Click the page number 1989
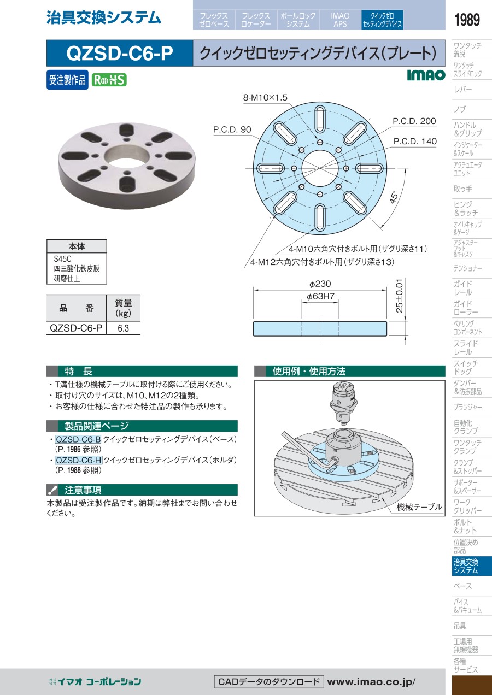[x=467, y=20]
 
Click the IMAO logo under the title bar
[x=426, y=75]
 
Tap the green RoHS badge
[x=109, y=80]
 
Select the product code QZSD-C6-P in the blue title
[x=120, y=54]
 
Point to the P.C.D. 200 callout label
[x=414, y=121]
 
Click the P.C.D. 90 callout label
[x=232, y=129]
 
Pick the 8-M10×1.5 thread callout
[x=265, y=97]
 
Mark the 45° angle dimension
[x=394, y=197]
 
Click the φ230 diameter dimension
[x=320, y=284]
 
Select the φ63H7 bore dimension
[x=320, y=296]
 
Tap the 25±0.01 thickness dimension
[x=400, y=296]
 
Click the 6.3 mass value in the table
[x=123, y=328]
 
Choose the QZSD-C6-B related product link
[x=78, y=439]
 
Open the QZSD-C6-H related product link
[x=79, y=460]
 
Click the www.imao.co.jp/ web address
[x=371, y=682]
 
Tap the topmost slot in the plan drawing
[x=320, y=120]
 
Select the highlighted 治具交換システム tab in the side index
[x=472, y=566]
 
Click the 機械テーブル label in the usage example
[x=419, y=507]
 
